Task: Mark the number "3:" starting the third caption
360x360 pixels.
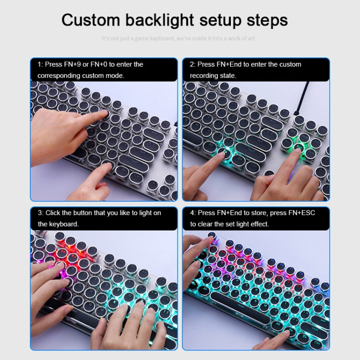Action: pyautogui.click(x=41, y=213)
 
